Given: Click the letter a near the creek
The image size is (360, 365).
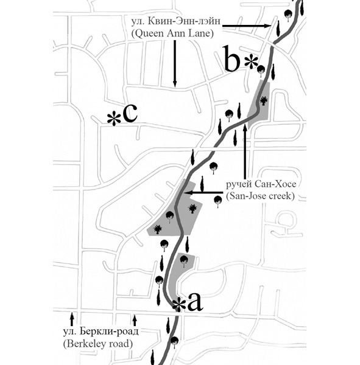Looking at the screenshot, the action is click(x=195, y=302).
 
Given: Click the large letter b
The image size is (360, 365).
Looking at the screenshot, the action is click(x=231, y=58).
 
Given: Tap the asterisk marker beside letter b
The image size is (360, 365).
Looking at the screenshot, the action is click(x=251, y=61).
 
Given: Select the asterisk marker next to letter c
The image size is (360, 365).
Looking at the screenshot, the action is click(x=114, y=119).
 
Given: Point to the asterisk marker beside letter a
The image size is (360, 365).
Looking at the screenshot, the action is click(x=179, y=305).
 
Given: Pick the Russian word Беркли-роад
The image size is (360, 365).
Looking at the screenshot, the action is click(x=109, y=332).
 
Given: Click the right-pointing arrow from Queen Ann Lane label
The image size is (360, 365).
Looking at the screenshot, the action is click(x=246, y=26).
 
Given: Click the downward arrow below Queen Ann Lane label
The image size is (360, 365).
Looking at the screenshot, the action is click(x=175, y=63).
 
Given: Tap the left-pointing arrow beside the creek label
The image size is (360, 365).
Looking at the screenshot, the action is click(x=203, y=193).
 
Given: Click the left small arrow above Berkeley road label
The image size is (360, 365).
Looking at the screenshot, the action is click(x=72, y=319).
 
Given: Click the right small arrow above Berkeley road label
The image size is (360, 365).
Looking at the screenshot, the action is click(x=135, y=320).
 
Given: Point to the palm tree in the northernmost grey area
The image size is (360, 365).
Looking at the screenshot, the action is click(x=264, y=101).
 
